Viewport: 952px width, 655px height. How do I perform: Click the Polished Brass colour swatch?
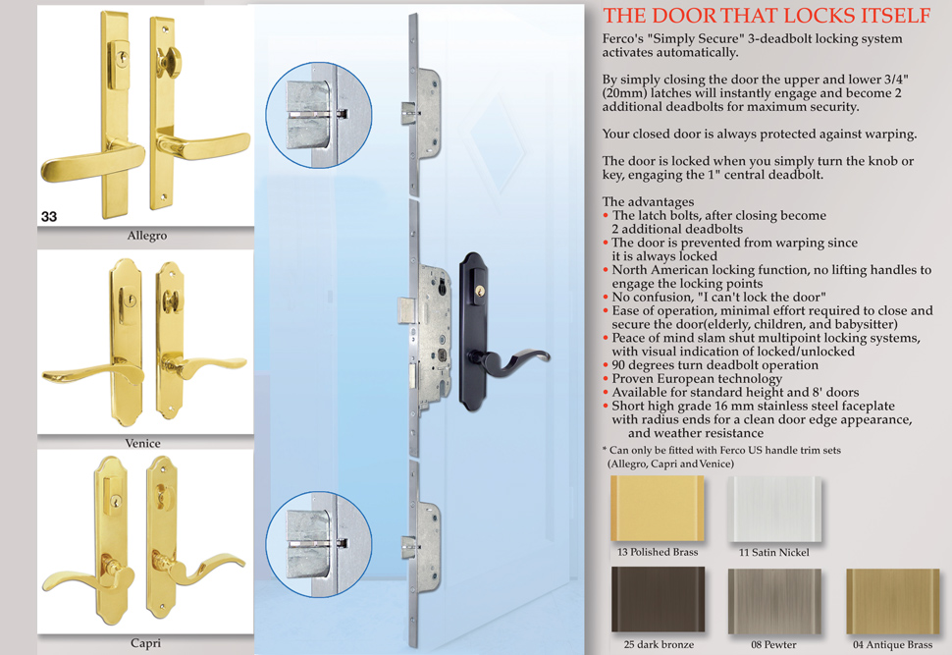pos(658,509)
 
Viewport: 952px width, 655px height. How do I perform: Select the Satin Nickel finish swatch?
pos(774,509)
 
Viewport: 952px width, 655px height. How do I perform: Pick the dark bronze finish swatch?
pos(659,599)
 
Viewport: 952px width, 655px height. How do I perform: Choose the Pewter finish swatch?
pos(774,601)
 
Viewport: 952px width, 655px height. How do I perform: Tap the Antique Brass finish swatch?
pos(892,601)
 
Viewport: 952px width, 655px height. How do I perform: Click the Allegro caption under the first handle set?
pos(147,236)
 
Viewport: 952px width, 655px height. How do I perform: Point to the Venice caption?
pos(143,443)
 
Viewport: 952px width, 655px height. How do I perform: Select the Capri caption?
pos(145,643)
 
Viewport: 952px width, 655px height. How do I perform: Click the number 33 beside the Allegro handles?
pos(49,216)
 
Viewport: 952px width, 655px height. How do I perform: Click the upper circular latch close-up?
pos(319,115)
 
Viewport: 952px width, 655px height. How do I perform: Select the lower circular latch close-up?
pos(319,544)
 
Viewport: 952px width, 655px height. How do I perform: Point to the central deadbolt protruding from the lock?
pos(406,310)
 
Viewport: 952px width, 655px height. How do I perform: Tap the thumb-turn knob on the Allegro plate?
pos(166,61)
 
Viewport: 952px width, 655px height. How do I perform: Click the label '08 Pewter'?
pos(773,644)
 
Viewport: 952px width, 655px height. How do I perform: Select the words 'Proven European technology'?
pos(697,378)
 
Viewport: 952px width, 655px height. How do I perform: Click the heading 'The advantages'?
pos(648,201)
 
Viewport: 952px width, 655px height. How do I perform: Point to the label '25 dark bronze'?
pos(659,644)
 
